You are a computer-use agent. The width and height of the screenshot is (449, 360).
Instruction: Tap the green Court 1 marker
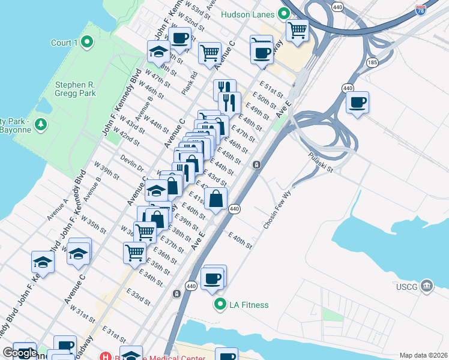tap(87, 42)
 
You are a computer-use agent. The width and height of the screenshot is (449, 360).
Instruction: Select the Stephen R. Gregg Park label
tap(75, 89)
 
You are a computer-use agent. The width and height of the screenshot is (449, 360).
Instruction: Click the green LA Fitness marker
tap(220, 304)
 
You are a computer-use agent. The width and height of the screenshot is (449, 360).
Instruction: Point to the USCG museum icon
tap(427, 285)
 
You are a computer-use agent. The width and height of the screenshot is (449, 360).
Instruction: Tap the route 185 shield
tap(373, 62)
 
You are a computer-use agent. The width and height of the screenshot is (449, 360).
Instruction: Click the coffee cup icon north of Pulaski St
tap(358, 102)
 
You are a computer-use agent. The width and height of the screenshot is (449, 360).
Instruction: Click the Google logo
tap(20, 353)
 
